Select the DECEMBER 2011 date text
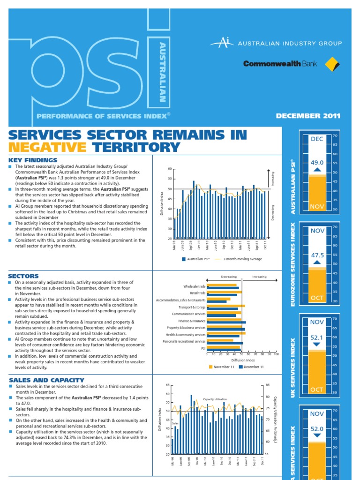tap(308, 116)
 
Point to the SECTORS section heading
tap(23, 276)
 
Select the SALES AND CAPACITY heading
tap(46, 380)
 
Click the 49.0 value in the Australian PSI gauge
tap(317, 163)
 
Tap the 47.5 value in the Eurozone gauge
tap(317, 255)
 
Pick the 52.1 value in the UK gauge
tap(317, 337)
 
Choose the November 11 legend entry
tap(224, 367)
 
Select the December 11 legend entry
tap(254, 367)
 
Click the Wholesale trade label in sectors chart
tap(195, 286)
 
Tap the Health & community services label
tap(186, 335)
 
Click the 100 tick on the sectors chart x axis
tap(276, 354)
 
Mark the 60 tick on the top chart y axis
tap(170, 169)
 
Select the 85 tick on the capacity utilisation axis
tap(268, 385)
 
